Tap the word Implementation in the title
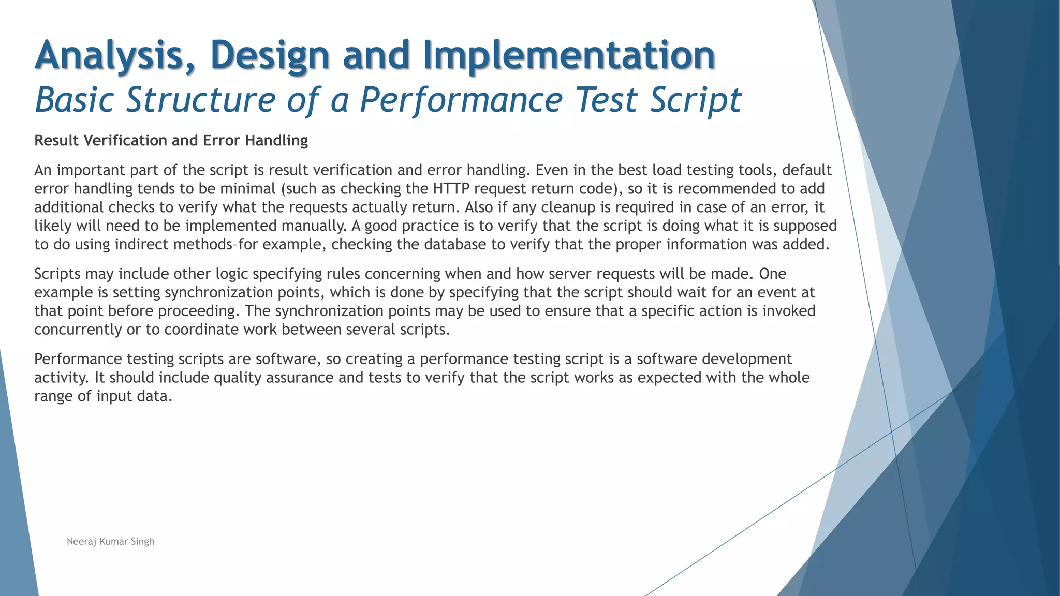pos(569,56)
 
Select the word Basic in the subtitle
pos(75,99)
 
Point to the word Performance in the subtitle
pos(461,99)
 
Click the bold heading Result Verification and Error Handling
pos(171,141)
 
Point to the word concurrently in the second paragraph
pos(78,330)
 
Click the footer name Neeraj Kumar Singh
pos(110,542)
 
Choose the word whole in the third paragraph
pos(787,378)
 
